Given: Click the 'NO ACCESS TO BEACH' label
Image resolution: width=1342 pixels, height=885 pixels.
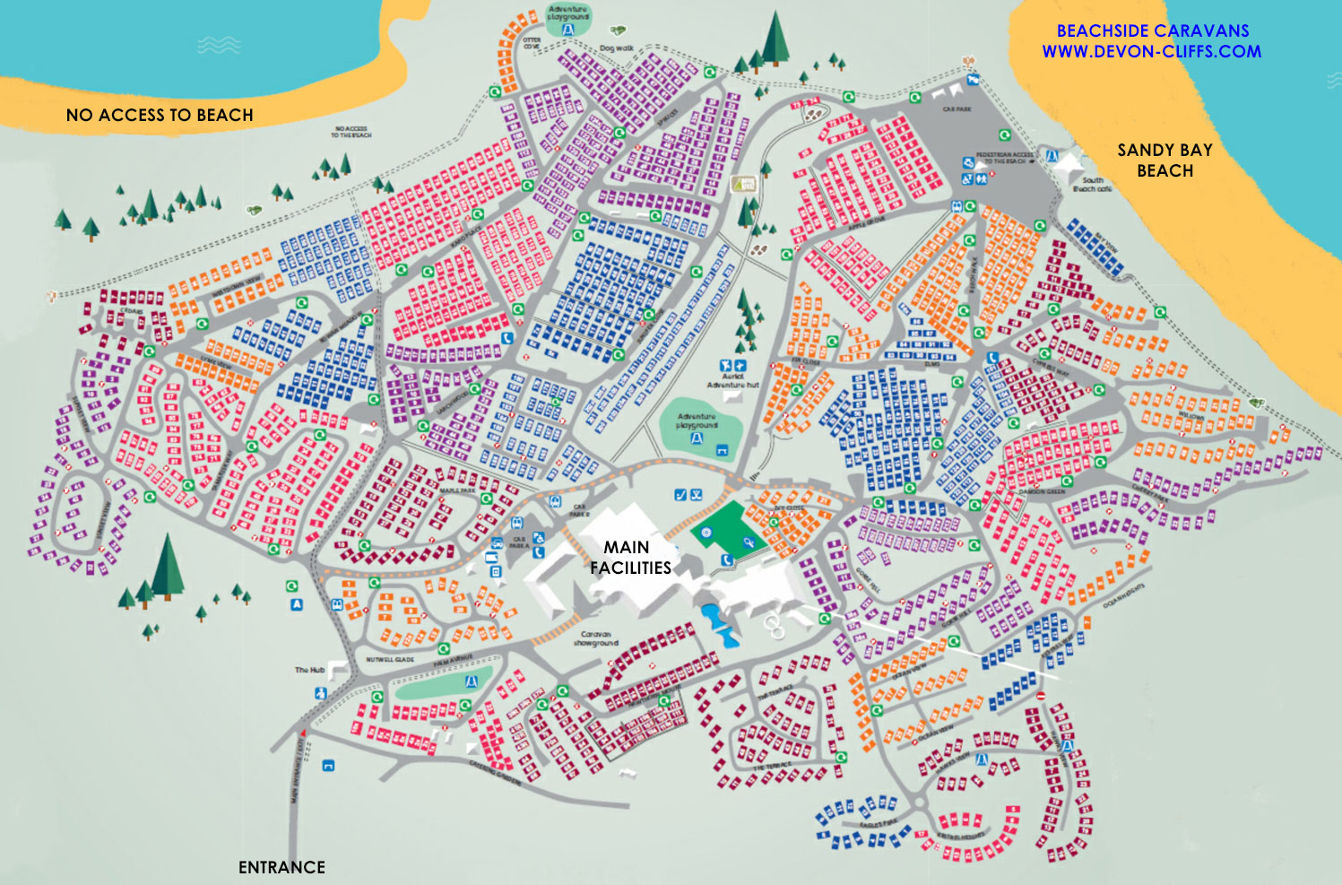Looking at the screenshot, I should [160, 115].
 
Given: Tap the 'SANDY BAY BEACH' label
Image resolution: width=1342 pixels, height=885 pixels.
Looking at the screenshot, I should [1165, 161].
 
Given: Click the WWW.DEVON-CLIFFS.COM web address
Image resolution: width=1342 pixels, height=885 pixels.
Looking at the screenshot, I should [1151, 51].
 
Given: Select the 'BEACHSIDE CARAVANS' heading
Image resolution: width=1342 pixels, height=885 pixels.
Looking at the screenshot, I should [1152, 30].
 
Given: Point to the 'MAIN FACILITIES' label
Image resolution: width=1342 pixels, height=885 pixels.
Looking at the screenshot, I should [629, 557].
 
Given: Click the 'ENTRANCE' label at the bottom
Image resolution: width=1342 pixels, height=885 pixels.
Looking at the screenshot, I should [281, 867].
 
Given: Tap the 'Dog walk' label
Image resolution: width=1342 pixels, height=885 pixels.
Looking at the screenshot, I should [616, 48].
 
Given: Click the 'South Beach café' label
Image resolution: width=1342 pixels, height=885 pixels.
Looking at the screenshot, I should [1092, 185].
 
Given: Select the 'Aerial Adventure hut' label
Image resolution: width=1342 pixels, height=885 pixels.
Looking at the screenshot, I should [732, 381].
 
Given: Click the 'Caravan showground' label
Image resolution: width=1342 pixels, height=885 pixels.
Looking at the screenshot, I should [596, 638].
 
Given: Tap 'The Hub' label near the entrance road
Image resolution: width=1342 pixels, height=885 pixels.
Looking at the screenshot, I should [309, 670].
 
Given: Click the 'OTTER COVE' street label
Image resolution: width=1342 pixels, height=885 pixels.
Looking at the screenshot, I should [532, 43].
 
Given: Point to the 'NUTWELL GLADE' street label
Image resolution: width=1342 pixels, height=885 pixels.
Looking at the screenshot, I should [390, 659].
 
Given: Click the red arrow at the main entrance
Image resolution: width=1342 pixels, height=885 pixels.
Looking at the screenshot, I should [304, 733].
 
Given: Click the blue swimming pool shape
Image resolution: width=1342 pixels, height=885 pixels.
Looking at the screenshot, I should [720, 625].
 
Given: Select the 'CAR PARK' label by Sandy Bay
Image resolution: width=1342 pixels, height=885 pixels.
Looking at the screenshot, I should [957, 109].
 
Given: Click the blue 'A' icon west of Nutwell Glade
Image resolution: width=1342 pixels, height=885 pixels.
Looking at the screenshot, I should [297, 605].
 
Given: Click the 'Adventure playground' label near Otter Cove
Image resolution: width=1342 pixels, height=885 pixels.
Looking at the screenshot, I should [568, 13].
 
